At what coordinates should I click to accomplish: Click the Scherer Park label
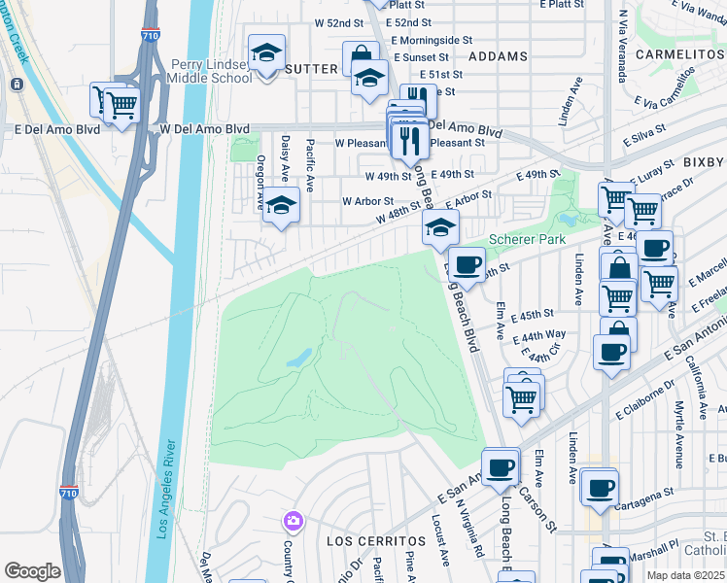coord(528,238)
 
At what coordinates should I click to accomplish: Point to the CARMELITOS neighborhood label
coord(681,55)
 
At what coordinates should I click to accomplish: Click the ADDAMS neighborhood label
coord(498,57)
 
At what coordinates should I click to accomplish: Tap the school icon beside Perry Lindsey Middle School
coord(265,54)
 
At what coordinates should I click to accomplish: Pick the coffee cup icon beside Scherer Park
coord(467,264)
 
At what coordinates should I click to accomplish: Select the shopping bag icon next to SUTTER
coord(361,56)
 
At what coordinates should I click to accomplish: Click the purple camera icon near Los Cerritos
coord(293,522)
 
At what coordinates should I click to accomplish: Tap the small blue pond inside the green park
coord(299,360)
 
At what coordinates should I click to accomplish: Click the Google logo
coord(32,571)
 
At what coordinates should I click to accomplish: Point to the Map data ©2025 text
coord(686,575)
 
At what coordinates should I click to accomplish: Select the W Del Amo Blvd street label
coord(204,129)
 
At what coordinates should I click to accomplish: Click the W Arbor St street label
coord(366,201)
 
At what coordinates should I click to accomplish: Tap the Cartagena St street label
coord(646,493)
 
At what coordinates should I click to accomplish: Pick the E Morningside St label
coord(432,42)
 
